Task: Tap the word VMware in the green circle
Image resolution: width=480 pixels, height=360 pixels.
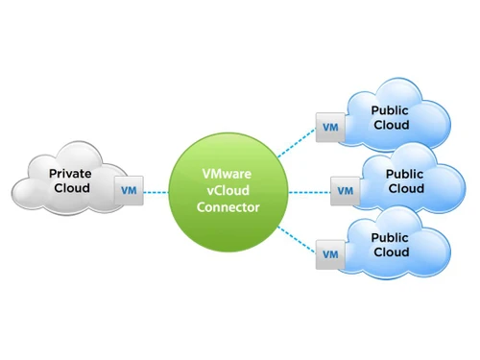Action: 228,175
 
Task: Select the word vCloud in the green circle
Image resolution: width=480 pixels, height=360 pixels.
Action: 228,191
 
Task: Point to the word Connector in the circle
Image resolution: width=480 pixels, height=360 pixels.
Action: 228,207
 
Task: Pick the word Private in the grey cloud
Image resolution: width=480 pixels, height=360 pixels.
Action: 71,174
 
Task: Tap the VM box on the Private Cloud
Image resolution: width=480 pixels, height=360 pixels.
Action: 129,190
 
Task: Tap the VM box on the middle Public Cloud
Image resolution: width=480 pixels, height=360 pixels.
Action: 345,190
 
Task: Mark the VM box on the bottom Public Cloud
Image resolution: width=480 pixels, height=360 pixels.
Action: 329,254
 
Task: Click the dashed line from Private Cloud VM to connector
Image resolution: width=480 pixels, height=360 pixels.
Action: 156,191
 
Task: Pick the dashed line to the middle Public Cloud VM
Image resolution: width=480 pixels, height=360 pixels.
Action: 308,191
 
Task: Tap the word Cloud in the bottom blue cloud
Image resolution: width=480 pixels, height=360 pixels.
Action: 390,252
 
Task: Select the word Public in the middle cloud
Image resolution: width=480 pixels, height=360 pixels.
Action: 404,175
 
